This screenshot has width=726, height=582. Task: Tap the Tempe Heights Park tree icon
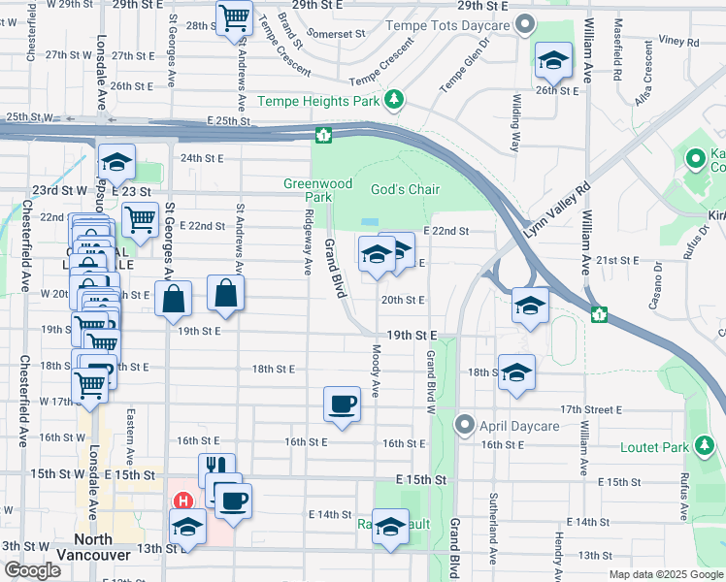[394, 99]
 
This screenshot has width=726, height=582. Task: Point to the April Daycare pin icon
[466, 425]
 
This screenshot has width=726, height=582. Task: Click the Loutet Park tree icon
[706, 446]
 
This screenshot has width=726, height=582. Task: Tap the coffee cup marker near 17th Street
[342, 404]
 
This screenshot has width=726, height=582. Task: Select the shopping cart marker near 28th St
[234, 17]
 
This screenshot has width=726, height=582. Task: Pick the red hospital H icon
[181, 502]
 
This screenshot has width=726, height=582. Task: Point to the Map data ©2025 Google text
[665, 574]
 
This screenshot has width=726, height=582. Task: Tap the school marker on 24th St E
[116, 162]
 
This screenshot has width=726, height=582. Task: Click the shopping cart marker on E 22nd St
[141, 220]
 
